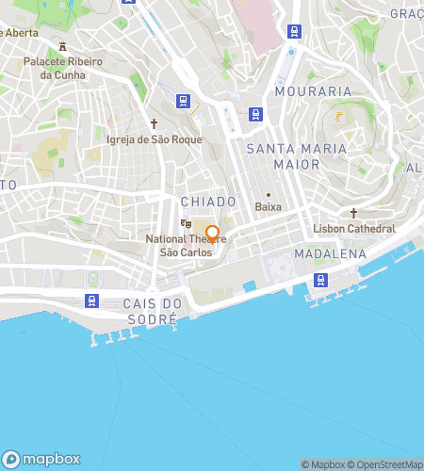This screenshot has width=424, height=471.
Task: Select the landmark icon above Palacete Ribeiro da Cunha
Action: [62, 46]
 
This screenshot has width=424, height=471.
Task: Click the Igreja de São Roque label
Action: [155, 139]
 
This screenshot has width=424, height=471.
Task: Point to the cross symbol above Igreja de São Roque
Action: [155, 122]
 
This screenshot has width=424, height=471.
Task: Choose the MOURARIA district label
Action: [313, 91]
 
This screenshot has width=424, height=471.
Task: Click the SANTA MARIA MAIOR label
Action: [283, 156]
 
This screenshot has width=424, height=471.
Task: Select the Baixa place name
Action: [269, 207]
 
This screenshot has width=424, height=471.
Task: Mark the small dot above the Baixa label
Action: [269, 194]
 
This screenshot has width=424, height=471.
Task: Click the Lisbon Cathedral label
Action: [353, 229]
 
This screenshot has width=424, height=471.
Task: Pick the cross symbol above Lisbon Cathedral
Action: [353, 213]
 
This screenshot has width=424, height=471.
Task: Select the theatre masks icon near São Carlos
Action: [187, 224]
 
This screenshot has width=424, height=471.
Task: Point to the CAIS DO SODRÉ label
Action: [151, 311]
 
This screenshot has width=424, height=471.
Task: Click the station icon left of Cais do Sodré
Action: [91, 300]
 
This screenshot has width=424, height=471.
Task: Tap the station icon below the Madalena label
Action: [321, 279]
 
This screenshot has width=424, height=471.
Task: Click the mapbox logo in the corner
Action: [45, 459]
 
